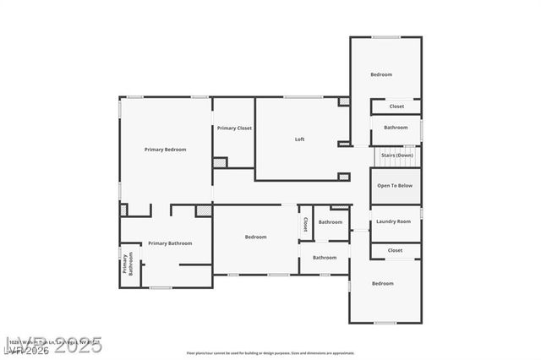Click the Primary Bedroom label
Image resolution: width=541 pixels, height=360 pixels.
tap(165, 150)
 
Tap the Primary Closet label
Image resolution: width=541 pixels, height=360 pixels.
tap(234, 128)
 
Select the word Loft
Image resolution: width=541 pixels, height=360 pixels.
tap(299, 139)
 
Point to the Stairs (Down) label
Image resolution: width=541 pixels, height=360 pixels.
tap(396, 155)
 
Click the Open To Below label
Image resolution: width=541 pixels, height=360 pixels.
tap(395, 185)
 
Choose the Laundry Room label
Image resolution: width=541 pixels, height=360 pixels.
tap(393, 221)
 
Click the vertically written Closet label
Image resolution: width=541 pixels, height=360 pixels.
tap(305, 225)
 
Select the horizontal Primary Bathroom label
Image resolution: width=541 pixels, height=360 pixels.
tap(170, 243)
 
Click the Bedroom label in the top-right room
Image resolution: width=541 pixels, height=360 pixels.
tap(381, 74)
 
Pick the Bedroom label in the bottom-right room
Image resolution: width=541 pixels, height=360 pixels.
tap(383, 283)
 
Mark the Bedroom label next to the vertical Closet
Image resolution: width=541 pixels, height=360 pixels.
tap(256, 237)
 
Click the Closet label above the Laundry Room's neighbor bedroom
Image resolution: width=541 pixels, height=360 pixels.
tap(395, 250)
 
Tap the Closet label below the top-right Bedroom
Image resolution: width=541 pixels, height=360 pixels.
tap(396, 106)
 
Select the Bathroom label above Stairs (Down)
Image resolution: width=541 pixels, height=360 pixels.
tap(396, 128)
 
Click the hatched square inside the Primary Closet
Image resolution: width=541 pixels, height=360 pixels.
tap(220, 162)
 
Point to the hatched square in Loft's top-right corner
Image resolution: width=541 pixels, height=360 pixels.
tap(343, 101)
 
